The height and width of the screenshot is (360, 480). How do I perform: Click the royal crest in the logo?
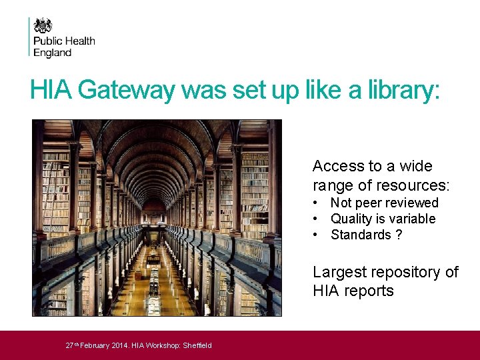pos(43,26)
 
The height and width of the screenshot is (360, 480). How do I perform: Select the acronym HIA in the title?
pos(51,91)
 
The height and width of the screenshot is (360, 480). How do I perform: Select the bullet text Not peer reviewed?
pos(384,203)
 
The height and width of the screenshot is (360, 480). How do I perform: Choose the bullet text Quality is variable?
pos(383,219)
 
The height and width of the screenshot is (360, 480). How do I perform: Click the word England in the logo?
pos(53,53)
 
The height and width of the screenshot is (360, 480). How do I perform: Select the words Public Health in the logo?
pos(64,41)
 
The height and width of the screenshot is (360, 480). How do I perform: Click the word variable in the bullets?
pos(413,219)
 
